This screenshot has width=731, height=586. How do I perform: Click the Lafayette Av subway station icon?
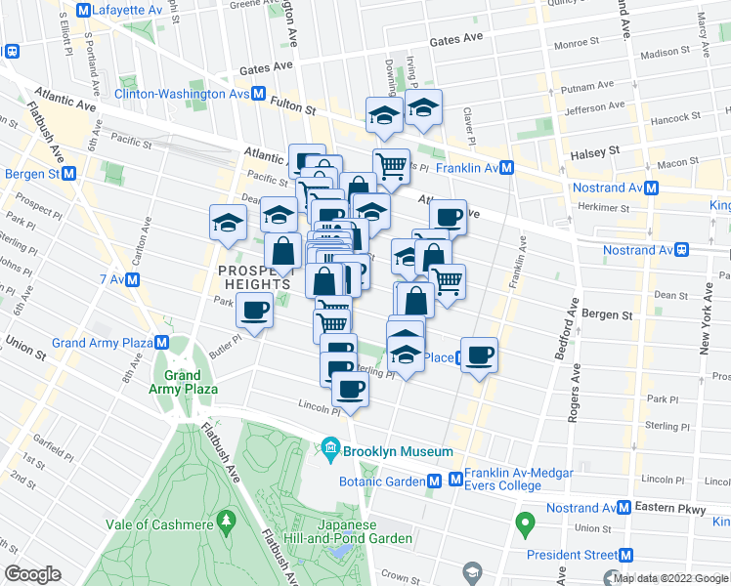[x=83, y=11]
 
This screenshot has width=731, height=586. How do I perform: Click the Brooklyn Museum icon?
[x=330, y=451]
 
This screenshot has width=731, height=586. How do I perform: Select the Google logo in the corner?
[x=32, y=573]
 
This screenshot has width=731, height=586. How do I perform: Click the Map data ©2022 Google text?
[x=670, y=579]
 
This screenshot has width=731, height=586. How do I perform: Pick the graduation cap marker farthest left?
[x=228, y=224]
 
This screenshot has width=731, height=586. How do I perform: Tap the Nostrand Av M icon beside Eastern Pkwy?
[x=623, y=508]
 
